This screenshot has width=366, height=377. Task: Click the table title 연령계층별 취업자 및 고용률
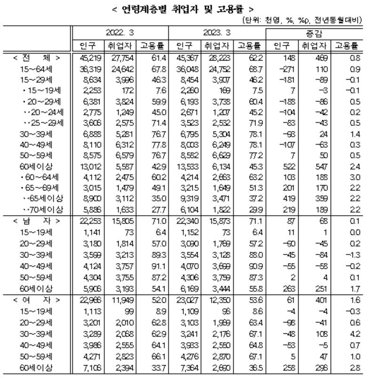[x=183, y=9]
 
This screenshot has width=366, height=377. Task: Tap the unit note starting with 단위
[x=302, y=21]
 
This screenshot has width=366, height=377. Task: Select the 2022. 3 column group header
[x=120, y=34]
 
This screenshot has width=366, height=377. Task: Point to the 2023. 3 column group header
[x=217, y=34]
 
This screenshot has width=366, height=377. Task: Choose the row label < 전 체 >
[x=36, y=58]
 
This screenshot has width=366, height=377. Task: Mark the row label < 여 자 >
[x=36, y=299]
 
